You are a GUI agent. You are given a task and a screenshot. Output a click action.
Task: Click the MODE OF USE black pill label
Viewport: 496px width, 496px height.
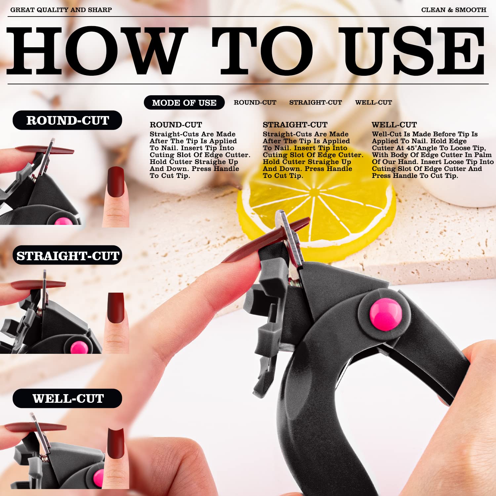click(184, 103)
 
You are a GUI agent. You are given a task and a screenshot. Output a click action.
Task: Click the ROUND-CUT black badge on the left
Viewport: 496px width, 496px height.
click(67, 120)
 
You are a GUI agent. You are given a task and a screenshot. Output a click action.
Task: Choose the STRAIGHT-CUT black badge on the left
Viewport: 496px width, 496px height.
click(67, 256)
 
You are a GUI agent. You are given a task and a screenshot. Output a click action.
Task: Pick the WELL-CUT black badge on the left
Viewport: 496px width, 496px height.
click(67, 398)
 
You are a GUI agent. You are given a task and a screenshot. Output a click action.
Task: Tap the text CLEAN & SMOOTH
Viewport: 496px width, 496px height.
click(454, 10)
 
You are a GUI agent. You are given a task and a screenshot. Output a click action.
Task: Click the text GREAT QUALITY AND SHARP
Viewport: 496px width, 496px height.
click(61, 10)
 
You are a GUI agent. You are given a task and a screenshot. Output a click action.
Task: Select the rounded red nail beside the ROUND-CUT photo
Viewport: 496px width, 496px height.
click(116, 182)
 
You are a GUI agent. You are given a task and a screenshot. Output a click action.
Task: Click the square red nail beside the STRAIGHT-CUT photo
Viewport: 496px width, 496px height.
click(116, 308)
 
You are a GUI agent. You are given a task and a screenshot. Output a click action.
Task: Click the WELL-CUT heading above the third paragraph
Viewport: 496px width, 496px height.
click(394, 125)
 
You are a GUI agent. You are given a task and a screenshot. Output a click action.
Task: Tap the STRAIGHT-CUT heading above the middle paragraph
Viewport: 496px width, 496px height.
click(295, 125)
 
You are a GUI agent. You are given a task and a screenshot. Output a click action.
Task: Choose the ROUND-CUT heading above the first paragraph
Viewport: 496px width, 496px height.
click(176, 125)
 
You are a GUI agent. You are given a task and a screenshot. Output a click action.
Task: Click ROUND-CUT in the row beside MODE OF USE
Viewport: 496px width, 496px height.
click(255, 103)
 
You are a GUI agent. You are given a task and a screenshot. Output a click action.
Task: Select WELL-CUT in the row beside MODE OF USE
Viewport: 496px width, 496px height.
click(373, 103)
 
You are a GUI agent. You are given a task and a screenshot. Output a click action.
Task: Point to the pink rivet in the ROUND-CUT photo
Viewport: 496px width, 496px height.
click(63, 221)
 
